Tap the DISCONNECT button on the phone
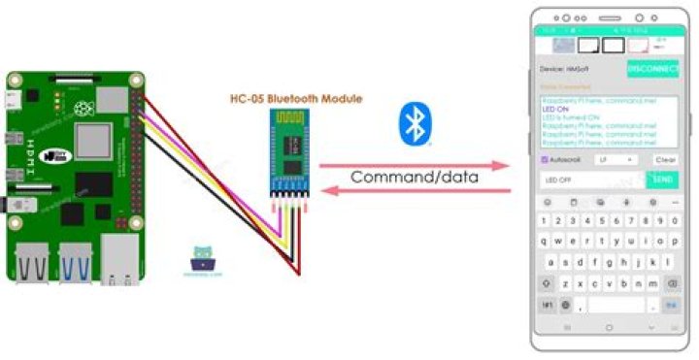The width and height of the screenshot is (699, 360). point(652,69)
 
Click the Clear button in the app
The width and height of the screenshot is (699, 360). point(665,159)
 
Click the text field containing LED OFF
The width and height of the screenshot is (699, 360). point(591,180)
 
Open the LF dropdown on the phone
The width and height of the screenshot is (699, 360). point(616,159)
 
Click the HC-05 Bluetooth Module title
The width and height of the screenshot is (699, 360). point(295,99)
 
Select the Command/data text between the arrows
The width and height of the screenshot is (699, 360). point(414,178)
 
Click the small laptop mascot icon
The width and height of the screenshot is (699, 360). point(203,258)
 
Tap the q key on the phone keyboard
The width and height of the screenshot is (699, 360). point(547,242)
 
